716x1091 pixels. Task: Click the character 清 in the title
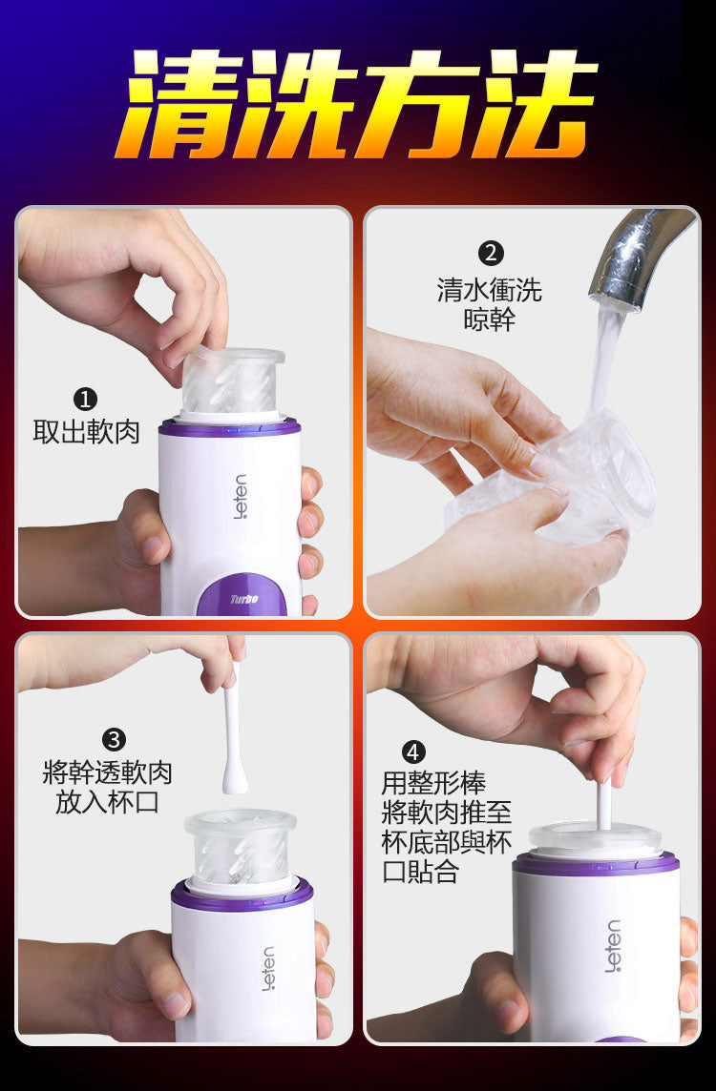pyautogui.click(x=179, y=104)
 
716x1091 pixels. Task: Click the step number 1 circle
pyautogui.click(x=85, y=400)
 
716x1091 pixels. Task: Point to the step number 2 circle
pyautogui.click(x=492, y=253)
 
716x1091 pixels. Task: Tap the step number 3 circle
pyautogui.click(x=114, y=738)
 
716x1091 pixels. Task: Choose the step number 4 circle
pyautogui.click(x=413, y=752)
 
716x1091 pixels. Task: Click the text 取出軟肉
pyautogui.click(x=86, y=432)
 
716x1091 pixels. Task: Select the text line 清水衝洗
pyautogui.click(x=490, y=290)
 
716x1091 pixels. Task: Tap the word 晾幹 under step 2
pyautogui.click(x=490, y=320)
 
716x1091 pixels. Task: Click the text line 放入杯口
pyautogui.click(x=107, y=802)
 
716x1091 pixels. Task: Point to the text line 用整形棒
pyautogui.click(x=433, y=783)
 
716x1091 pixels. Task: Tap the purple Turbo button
pyautogui.click(x=242, y=597)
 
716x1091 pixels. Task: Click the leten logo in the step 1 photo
pyautogui.click(x=241, y=497)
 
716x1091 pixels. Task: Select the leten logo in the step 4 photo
pyautogui.click(x=612, y=946)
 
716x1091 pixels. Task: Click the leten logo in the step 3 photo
pyautogui.click(x=268, y=968)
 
